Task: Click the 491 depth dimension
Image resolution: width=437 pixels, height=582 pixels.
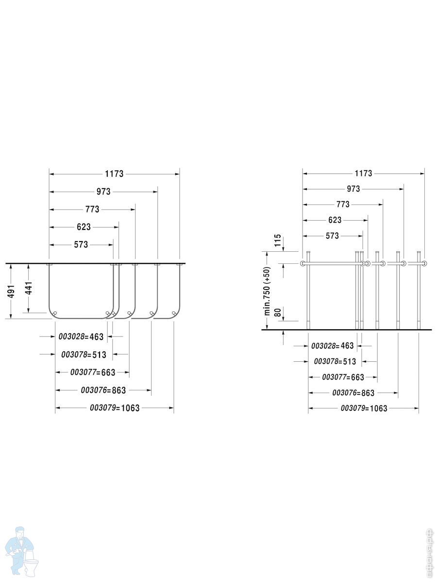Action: point(11,291)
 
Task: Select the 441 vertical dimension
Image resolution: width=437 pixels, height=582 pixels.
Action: point(29,288)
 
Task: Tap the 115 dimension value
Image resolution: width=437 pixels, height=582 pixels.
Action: point(278,240)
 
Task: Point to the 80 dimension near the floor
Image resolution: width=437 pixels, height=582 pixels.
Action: point(278,312)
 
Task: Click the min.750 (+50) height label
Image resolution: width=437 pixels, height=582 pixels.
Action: point(267,291)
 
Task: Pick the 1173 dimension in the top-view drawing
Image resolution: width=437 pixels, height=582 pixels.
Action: point(115,174)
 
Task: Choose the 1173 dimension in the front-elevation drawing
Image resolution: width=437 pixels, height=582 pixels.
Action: point(364,174)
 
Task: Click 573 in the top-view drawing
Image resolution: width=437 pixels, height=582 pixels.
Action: point(81,244)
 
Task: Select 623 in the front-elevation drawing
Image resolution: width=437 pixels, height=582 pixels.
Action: point(335,220)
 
